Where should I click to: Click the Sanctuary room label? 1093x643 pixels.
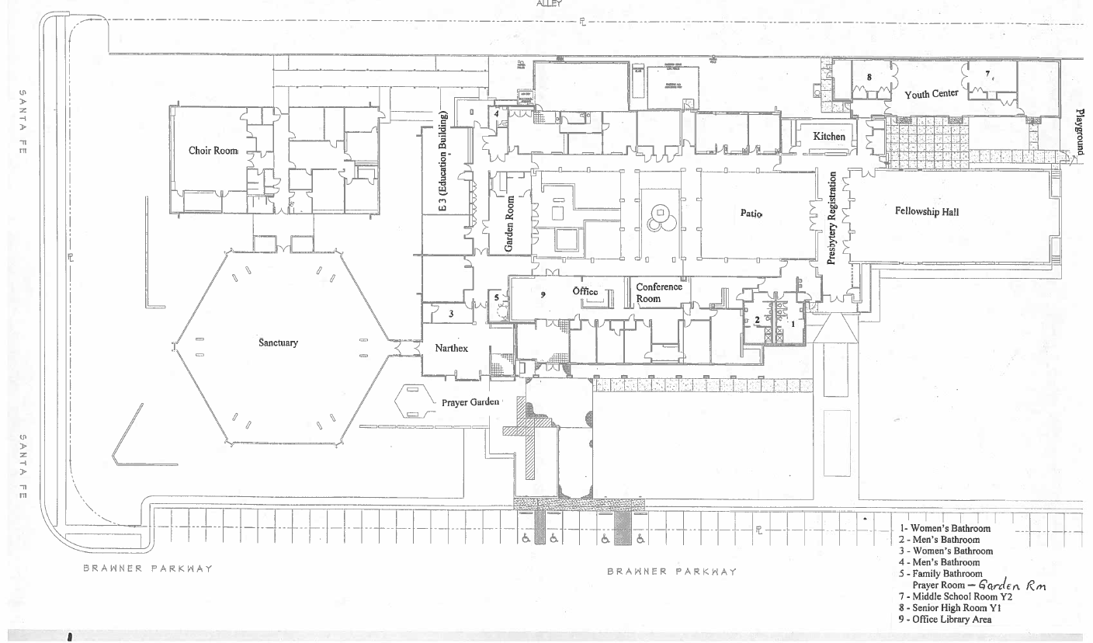coord(278,343)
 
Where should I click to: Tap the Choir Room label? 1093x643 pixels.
coord(213,151)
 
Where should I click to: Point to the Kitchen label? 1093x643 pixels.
coord(828,137)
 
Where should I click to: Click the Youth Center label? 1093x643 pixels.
coord(931,94)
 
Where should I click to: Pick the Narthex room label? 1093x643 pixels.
coord(451,349)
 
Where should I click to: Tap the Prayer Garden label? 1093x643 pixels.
coord(470,402)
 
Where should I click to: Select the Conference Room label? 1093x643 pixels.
coord(659,293)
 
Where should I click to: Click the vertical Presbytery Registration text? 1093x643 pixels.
coord(831,220)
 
